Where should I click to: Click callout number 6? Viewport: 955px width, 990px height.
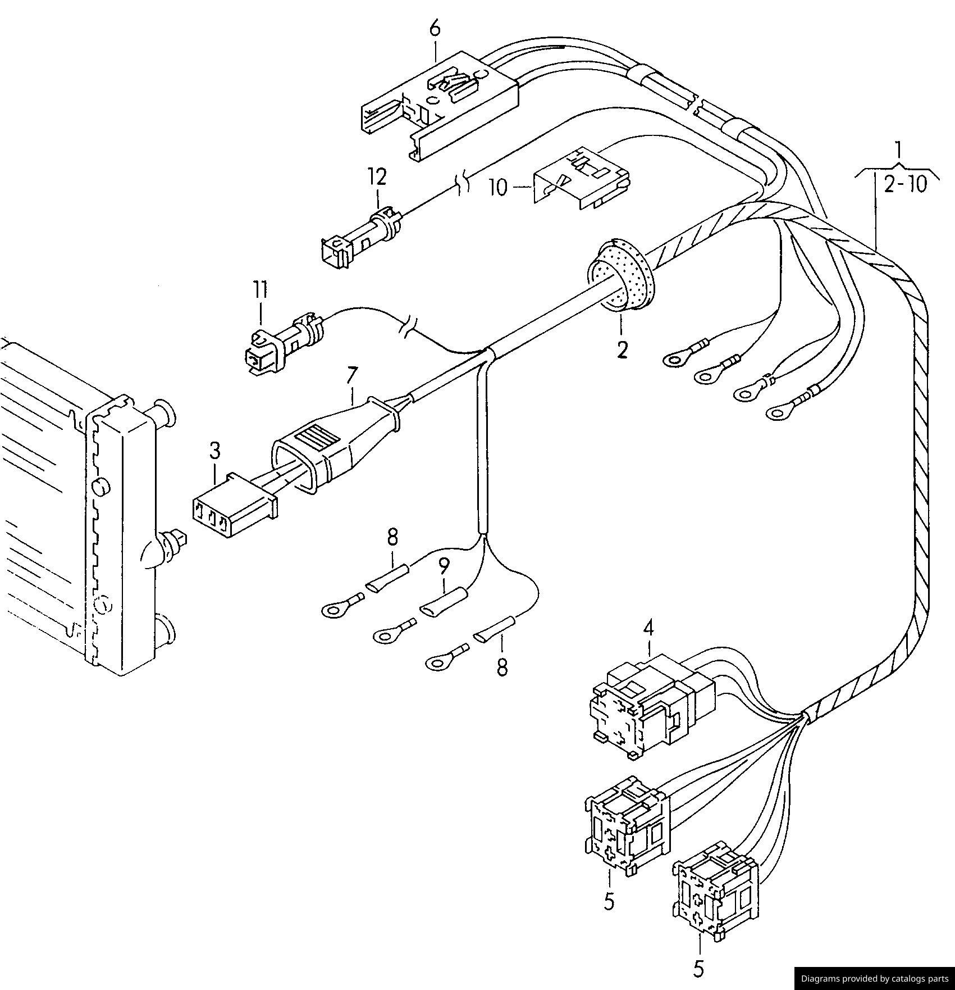click(x=436, y=29)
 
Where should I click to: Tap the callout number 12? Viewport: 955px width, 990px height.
click(x=377, y=177)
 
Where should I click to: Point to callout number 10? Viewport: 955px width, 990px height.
click(x=498, y=187)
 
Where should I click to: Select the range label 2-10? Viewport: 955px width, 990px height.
click(x=905, y=184)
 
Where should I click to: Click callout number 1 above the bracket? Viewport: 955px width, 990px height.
click(x=898, y=149)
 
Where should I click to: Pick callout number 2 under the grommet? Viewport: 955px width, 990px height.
click(x=622, y=349)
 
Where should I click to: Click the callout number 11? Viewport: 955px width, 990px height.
click(x=259, y=290)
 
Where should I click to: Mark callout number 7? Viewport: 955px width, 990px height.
click(x=352, y=375)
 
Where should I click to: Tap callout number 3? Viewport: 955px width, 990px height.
click(x=215, y=451)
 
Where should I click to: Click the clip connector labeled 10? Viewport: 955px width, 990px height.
click(x=581, y=178)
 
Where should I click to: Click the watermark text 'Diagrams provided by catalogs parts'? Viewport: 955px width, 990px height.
click(x=874, y=978)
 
